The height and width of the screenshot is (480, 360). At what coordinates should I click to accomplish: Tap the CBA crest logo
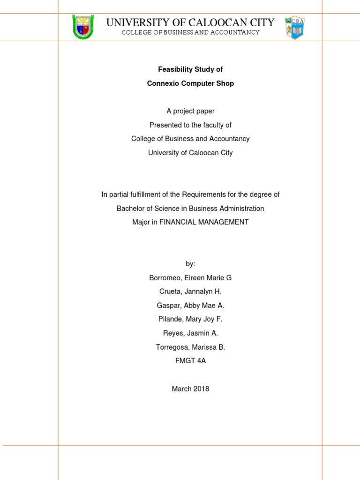[x=294, y=27]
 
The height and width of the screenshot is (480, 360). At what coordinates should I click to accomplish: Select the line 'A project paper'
[x=190, y=111]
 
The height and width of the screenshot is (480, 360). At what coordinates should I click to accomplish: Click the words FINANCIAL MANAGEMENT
[x=204, y=222]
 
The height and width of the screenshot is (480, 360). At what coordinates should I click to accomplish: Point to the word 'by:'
[x=190, y=264]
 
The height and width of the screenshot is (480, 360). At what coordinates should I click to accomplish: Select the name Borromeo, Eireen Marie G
[x=190, y=278]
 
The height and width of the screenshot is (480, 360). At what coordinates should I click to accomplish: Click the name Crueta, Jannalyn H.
[x=190, y=292]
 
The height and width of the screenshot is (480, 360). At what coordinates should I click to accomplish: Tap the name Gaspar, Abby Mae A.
[x=190, y=306]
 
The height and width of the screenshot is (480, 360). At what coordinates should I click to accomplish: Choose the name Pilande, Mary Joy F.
[x=190, y=319]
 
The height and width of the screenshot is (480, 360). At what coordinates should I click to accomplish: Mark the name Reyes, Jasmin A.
[x=190, y=333]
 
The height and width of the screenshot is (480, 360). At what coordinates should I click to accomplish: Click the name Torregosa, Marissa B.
[x=190, y=347]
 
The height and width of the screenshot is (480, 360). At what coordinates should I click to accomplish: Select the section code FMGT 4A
[x=190, y=361]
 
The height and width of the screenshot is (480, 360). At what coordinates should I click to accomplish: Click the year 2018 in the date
[x=200, y=389]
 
